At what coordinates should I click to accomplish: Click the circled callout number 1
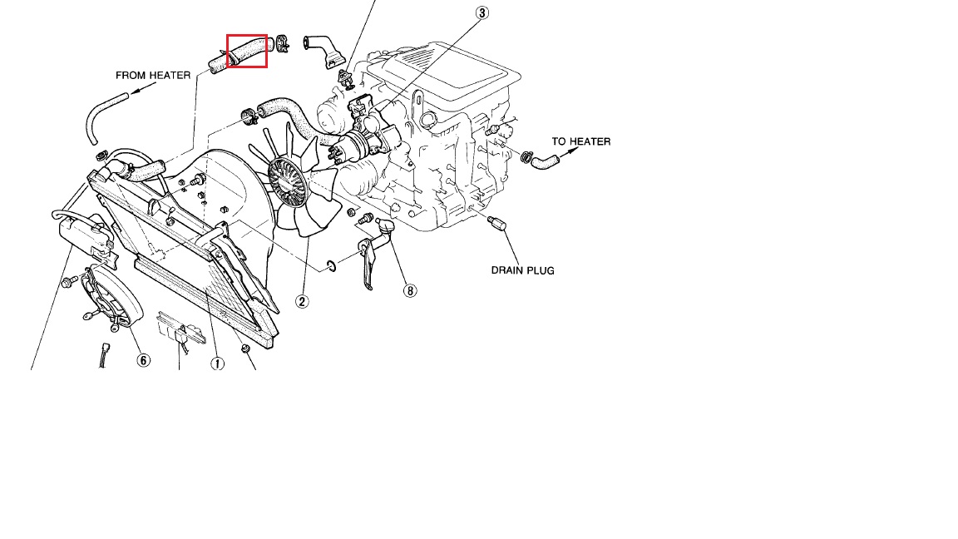coord(217,363)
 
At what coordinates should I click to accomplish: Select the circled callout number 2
coord(302,301)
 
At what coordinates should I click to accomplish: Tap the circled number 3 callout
coord(481,12)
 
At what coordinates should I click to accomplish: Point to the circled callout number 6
coord(143,360)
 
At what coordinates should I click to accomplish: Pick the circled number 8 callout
coord(409,290)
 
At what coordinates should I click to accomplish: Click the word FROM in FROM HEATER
coord(131,75)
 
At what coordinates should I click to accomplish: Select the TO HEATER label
coord(581,141)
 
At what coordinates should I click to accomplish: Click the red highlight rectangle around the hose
coord(247,51)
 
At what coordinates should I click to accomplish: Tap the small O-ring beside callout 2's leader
coord(332,265)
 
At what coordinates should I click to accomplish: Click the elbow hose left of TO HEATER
coord(546,162)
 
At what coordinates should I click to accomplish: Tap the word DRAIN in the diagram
coord(506,270)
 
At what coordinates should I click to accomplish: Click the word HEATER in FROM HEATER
coord(170,75)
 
